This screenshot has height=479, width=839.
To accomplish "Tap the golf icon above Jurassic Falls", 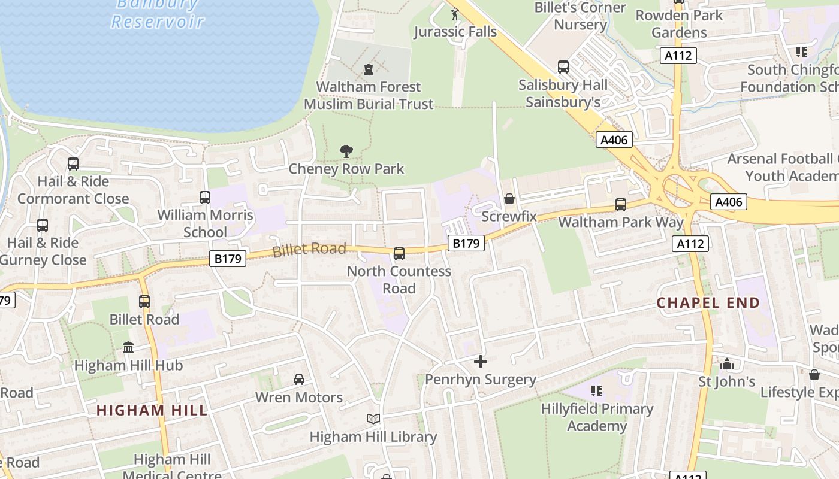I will (455, 13).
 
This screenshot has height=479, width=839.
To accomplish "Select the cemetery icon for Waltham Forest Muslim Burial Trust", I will (368, 69).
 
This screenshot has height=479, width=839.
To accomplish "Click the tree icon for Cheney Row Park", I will (346, 151).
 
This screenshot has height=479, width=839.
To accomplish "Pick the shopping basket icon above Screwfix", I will (509, 198).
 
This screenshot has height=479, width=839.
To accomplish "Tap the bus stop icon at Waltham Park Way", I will (621, 205).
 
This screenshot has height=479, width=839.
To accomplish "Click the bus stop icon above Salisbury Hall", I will (563, 67).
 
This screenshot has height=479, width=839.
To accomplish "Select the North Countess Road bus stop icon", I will (399, 254).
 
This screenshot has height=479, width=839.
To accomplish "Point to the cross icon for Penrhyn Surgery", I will (481, 362).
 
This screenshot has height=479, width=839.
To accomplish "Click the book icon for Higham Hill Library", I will (373, 419).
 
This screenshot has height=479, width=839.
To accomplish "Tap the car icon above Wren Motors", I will (298, 380).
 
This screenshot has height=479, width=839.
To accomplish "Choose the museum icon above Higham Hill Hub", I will (128, 348).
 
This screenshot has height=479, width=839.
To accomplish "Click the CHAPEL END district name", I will (708, 303).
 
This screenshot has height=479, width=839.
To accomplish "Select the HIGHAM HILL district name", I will (152, 411).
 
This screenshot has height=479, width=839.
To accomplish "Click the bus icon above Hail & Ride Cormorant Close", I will (73, 164).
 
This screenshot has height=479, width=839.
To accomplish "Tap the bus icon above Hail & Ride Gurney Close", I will (43, 225).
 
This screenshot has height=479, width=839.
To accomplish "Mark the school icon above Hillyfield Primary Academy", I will (597, 391).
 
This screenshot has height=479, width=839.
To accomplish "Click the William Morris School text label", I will (205, 223).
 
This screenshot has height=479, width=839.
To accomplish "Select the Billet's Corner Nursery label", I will (580, 16).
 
